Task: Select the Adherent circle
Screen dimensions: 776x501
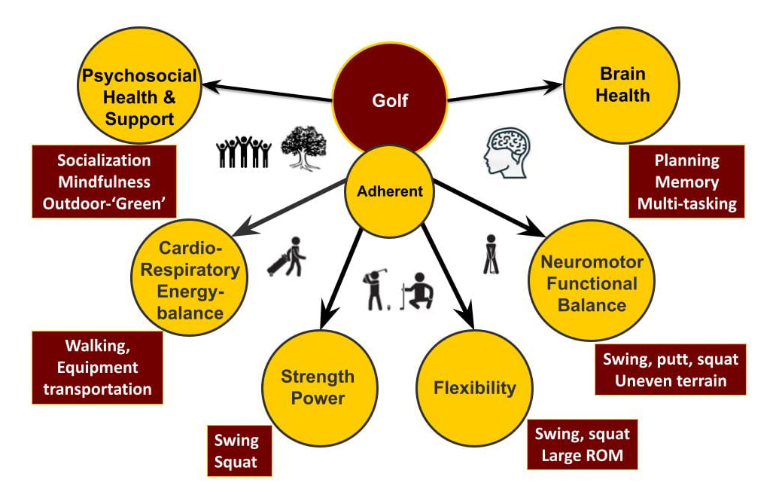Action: pyautogui.click(x=390, y=191)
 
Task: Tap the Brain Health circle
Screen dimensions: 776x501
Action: pyautogui.click(x=622, y=85)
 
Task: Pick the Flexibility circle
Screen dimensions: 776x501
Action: pyautogui.click(x=475, y=388)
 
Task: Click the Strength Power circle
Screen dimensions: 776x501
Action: pyautogui.click(x=319, y=388)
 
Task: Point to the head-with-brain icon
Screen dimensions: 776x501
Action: pyautogui.click(x=507, y=152)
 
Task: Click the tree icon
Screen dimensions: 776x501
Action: pyautogui.click(x=303, y=148)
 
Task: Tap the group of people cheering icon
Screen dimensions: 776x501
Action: pyautogui.click(x=244, y=151)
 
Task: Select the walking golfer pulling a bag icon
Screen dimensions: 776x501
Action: pyautogui.click(x=287, y=257)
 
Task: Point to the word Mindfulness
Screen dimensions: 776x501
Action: pyautogui.click(x=104, y=182)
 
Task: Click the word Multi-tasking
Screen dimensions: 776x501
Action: pyautogui.click(x=686, y=203)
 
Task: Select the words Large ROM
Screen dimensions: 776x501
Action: pyautogui.click(x=582, y=455)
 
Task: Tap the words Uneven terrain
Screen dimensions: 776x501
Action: pyautogui.click(x=671, y=380)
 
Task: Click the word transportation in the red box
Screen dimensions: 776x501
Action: pyautogui.click(x=97, y=389)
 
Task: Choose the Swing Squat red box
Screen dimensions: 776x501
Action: pyautogui.click(x=239, y=451)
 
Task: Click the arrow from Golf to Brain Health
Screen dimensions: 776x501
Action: pyautogui.click(x=505, y=93)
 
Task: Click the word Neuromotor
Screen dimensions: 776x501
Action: pyautogui.click(x=592, y=261)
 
